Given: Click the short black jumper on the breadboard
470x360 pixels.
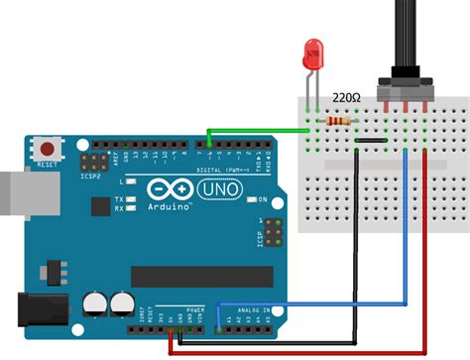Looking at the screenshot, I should click(x=371, y=142).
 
